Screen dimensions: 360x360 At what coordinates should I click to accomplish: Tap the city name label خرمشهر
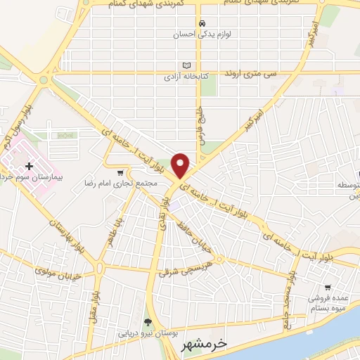(x=210, y=344)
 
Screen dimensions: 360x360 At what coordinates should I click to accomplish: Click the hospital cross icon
(x=29, y=166)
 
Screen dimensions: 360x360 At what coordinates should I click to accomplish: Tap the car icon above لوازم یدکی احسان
(x=202, y=22)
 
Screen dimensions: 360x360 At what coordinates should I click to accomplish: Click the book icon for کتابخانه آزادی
(x=186, y=62)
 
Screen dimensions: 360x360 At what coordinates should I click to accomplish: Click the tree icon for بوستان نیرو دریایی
(x=147, y=322)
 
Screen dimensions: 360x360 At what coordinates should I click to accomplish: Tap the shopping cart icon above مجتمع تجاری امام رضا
(x=120, y=172)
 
